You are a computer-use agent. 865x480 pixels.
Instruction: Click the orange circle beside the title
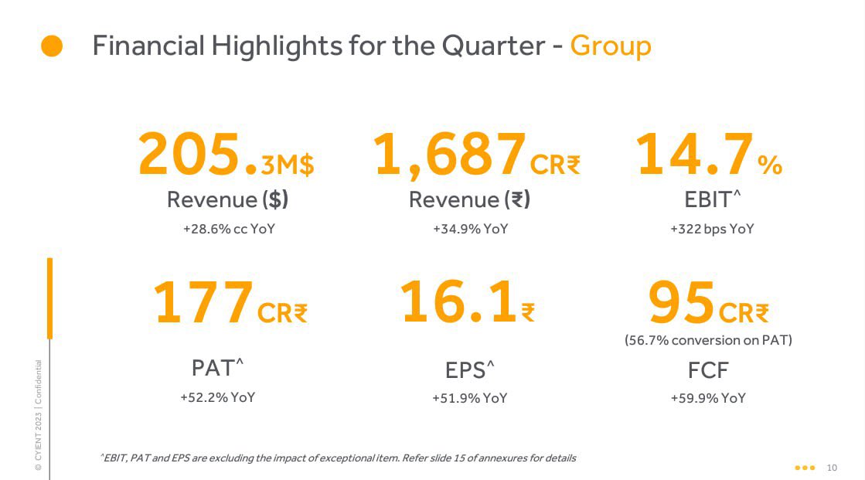52,46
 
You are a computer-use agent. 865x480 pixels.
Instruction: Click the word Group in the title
610,46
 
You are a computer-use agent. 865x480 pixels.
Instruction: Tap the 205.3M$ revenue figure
226,155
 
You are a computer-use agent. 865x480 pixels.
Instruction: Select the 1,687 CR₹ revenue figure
476,155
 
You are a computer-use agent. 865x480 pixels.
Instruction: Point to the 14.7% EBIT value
709,155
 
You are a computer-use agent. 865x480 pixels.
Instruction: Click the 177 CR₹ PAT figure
230,304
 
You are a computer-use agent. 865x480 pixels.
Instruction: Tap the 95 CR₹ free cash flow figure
708,304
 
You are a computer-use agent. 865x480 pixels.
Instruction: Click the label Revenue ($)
227,199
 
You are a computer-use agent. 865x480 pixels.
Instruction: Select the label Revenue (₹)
469,199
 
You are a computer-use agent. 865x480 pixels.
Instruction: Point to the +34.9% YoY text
470,229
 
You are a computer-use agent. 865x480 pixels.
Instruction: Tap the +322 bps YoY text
711,229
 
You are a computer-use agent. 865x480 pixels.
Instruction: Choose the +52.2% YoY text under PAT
217,398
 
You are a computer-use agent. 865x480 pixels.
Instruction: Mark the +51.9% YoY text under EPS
469,399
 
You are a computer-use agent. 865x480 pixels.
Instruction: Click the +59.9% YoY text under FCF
708,399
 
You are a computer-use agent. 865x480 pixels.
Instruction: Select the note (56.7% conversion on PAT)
708,340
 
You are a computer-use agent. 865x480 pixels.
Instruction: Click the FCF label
708,370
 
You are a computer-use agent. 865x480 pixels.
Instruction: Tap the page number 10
832,468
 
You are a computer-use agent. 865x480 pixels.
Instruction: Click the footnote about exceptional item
338,458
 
